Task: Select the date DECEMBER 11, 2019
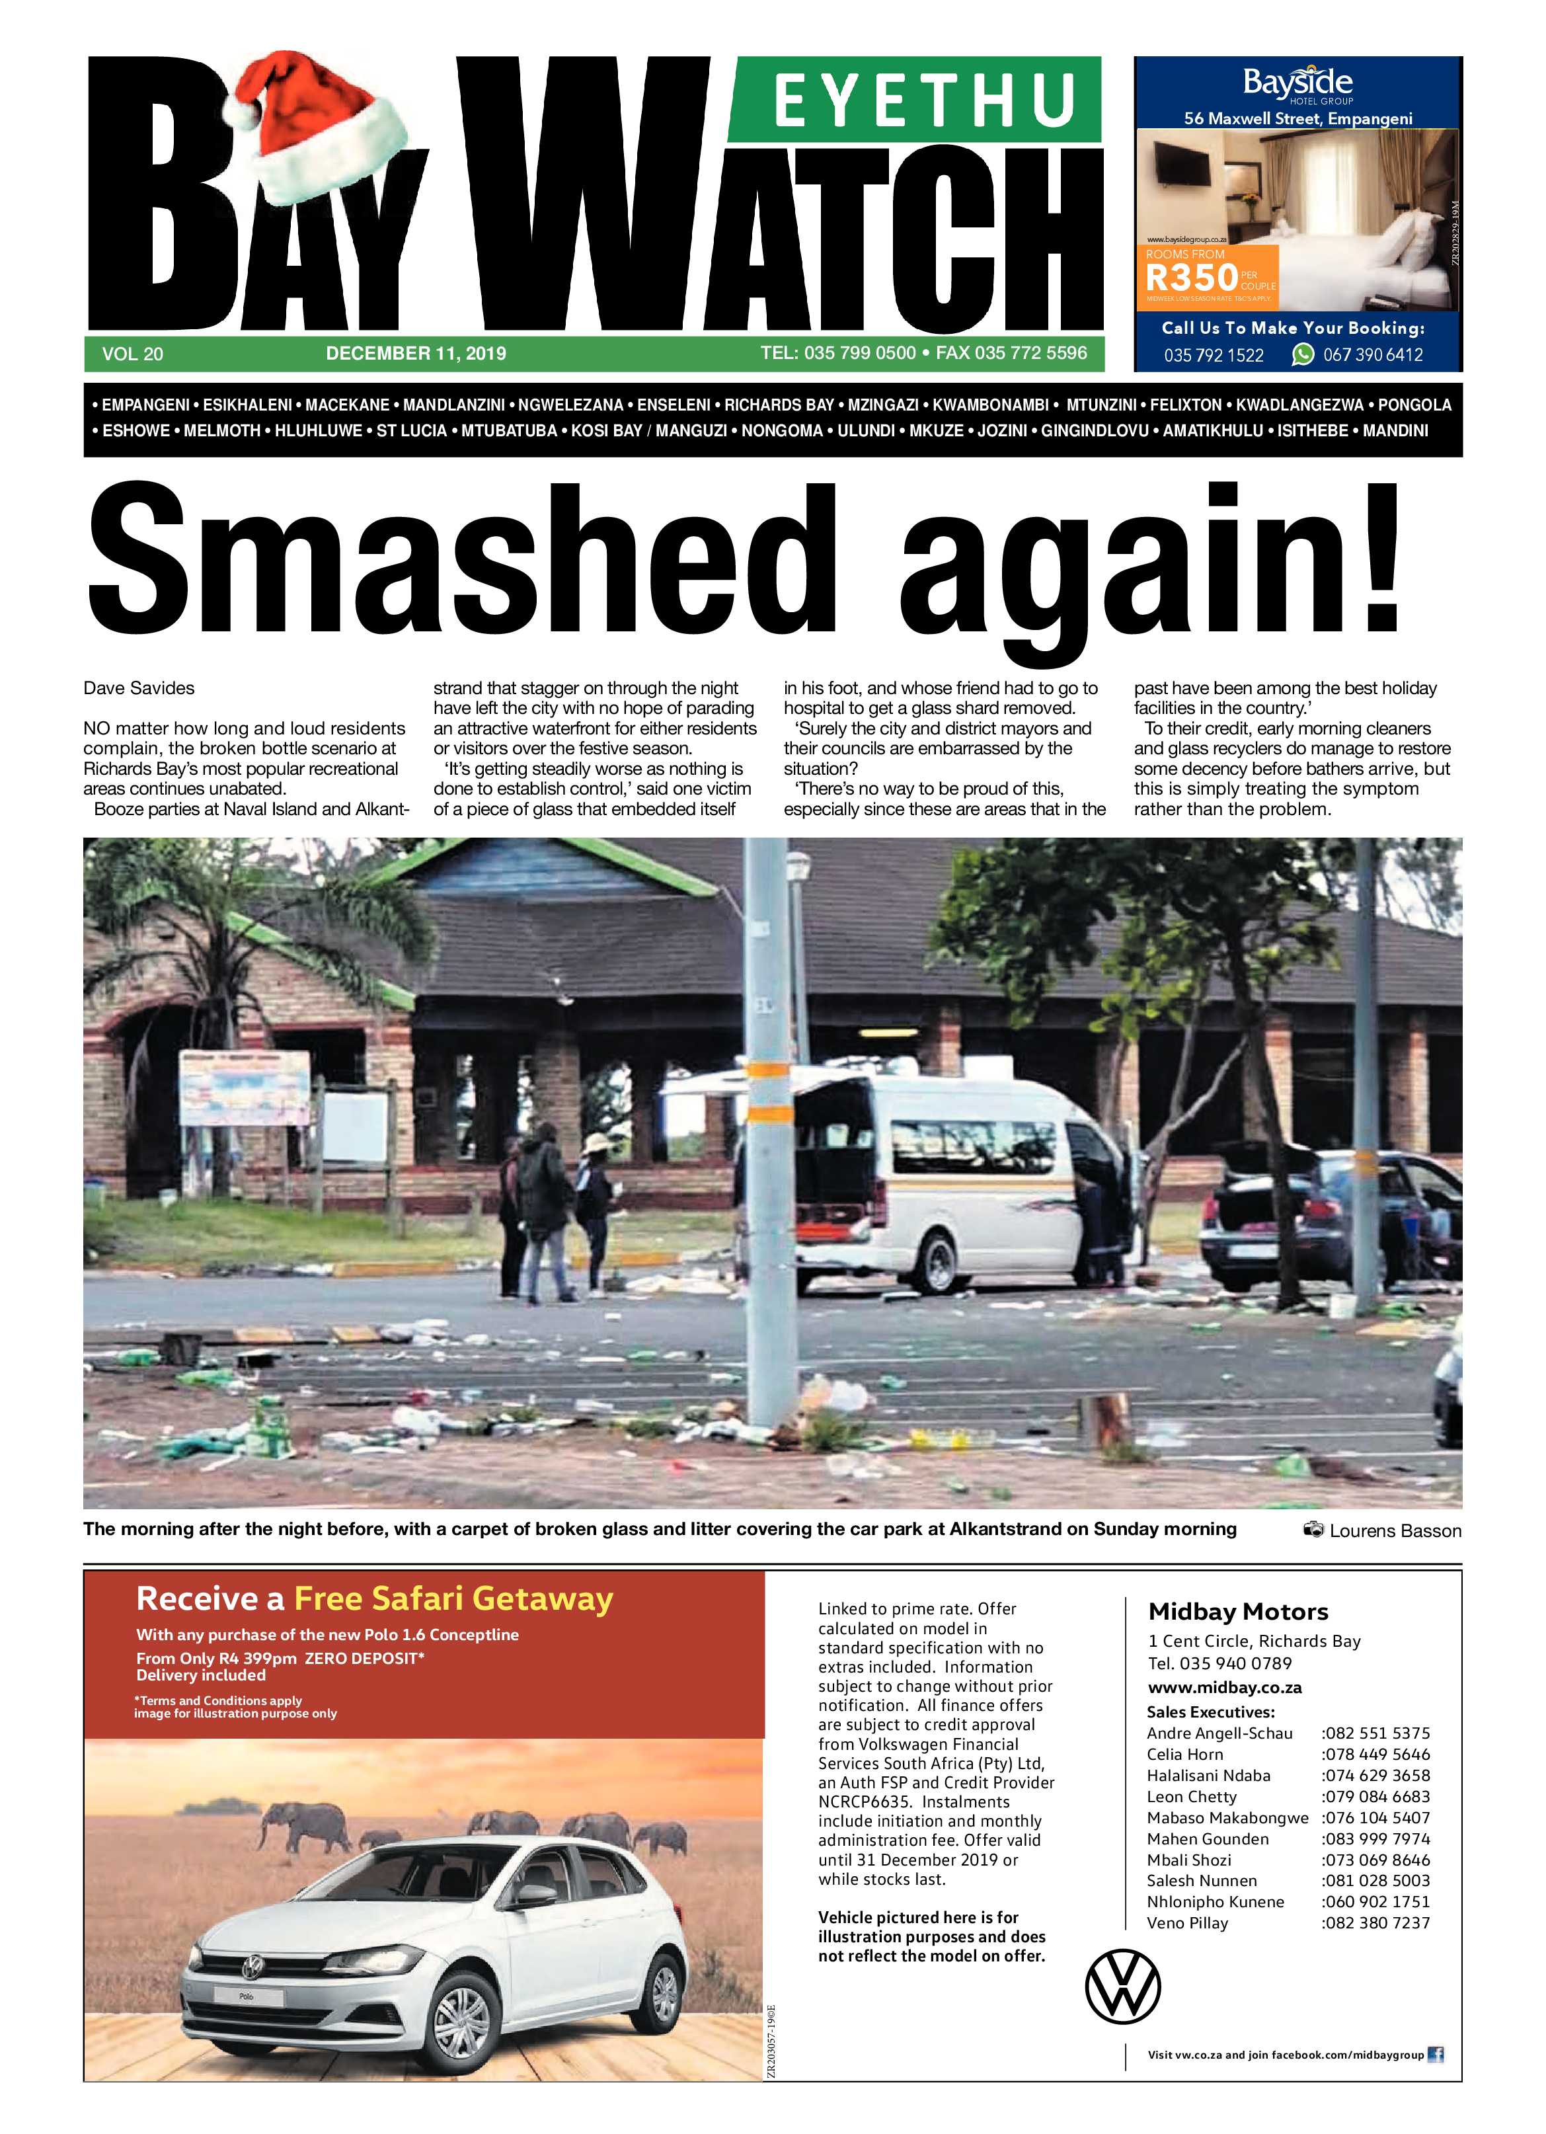[x=415, y=354]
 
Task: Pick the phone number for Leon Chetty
[x=1375, y=1796]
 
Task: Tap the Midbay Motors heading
[x=1238, y=1612]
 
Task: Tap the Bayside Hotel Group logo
[x=1297, y=86]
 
